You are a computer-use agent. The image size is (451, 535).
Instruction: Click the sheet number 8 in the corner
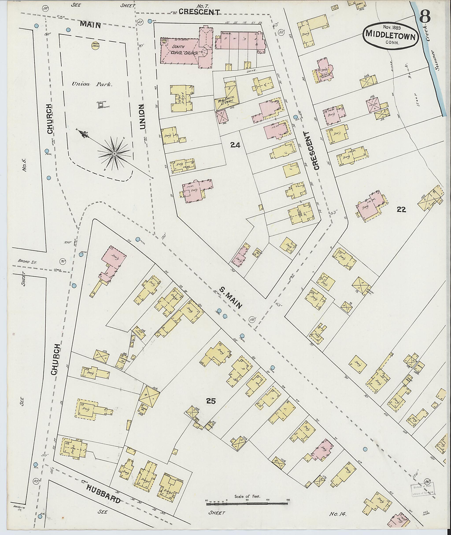pos(425,17)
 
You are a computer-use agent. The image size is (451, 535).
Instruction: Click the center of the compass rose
pos(115,154)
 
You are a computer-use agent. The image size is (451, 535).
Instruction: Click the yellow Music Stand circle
pos(96,46)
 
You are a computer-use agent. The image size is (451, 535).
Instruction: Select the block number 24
pos(235,145)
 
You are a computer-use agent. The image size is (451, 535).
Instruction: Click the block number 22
pos(401,209)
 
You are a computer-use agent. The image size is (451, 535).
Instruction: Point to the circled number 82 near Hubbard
pos(36,481)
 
